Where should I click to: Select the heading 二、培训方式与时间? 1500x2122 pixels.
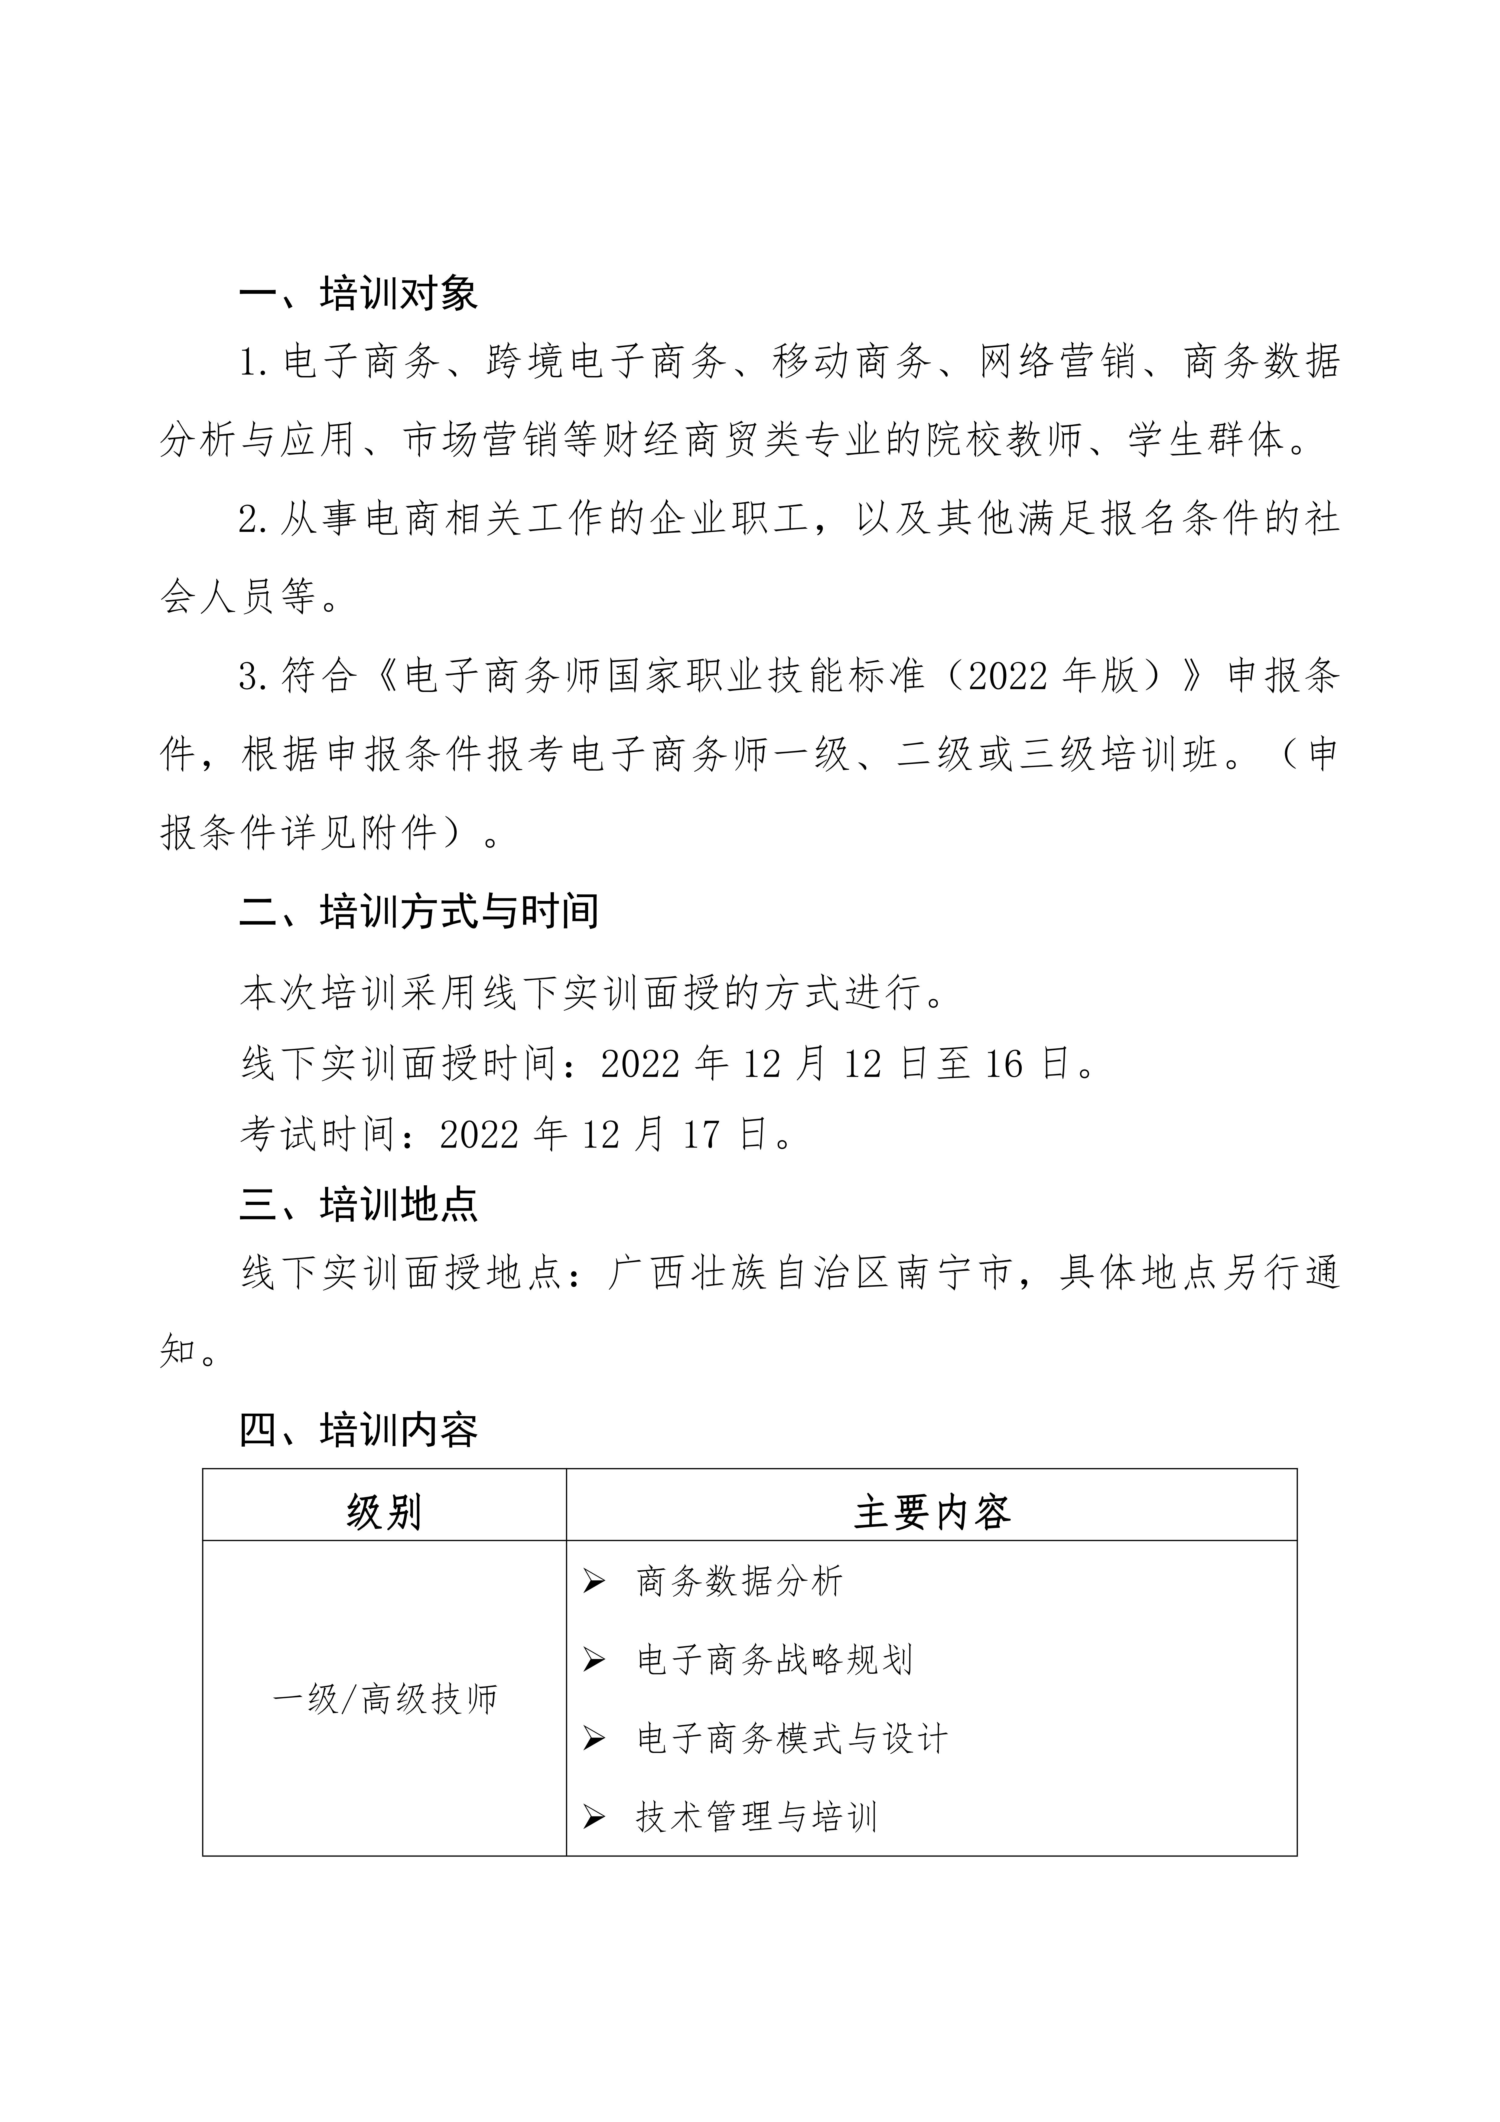point(419,911)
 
